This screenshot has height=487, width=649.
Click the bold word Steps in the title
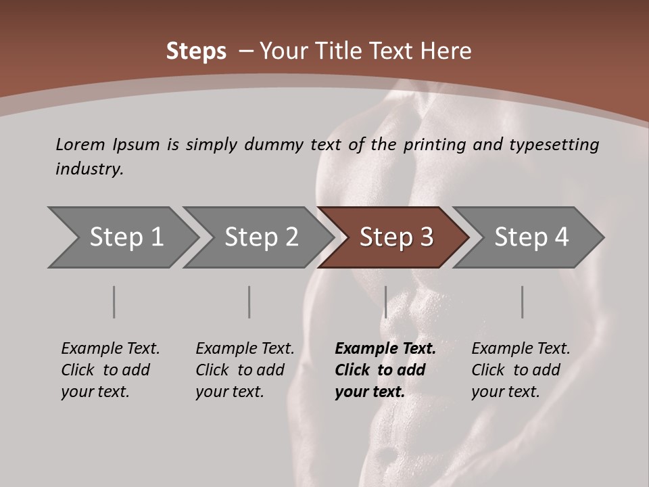(196, 51)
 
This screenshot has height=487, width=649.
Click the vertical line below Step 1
(114, 302)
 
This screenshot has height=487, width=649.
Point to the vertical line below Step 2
(249, 302)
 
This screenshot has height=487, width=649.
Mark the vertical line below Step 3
(385, 302)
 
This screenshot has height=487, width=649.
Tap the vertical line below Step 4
(522, 302)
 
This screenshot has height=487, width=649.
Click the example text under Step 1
(110, 370)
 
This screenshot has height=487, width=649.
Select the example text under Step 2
(245, 370)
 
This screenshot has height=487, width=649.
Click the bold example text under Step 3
(385, 370)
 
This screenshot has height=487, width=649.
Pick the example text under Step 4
(521, 370)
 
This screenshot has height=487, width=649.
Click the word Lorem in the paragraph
(80, 144)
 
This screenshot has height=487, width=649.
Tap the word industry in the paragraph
(89, 169)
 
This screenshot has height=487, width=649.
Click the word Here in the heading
(447, 51)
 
